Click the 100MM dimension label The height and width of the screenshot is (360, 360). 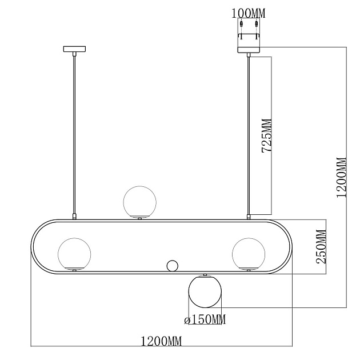coord(248,13)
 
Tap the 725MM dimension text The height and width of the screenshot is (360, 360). coord(267,135)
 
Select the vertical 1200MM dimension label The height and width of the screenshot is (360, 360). coord(341,177)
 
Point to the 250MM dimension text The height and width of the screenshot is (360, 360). coord(321,247)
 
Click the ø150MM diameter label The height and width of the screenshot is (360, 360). coord(205,319)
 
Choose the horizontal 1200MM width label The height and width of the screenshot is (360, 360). coord(161,341)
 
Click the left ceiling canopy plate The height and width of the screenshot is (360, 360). coord(74,49)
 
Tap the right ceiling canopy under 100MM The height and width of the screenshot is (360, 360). coord(249,50)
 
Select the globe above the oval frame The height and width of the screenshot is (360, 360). coord(139,202)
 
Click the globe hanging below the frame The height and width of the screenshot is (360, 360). coord(205,291)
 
